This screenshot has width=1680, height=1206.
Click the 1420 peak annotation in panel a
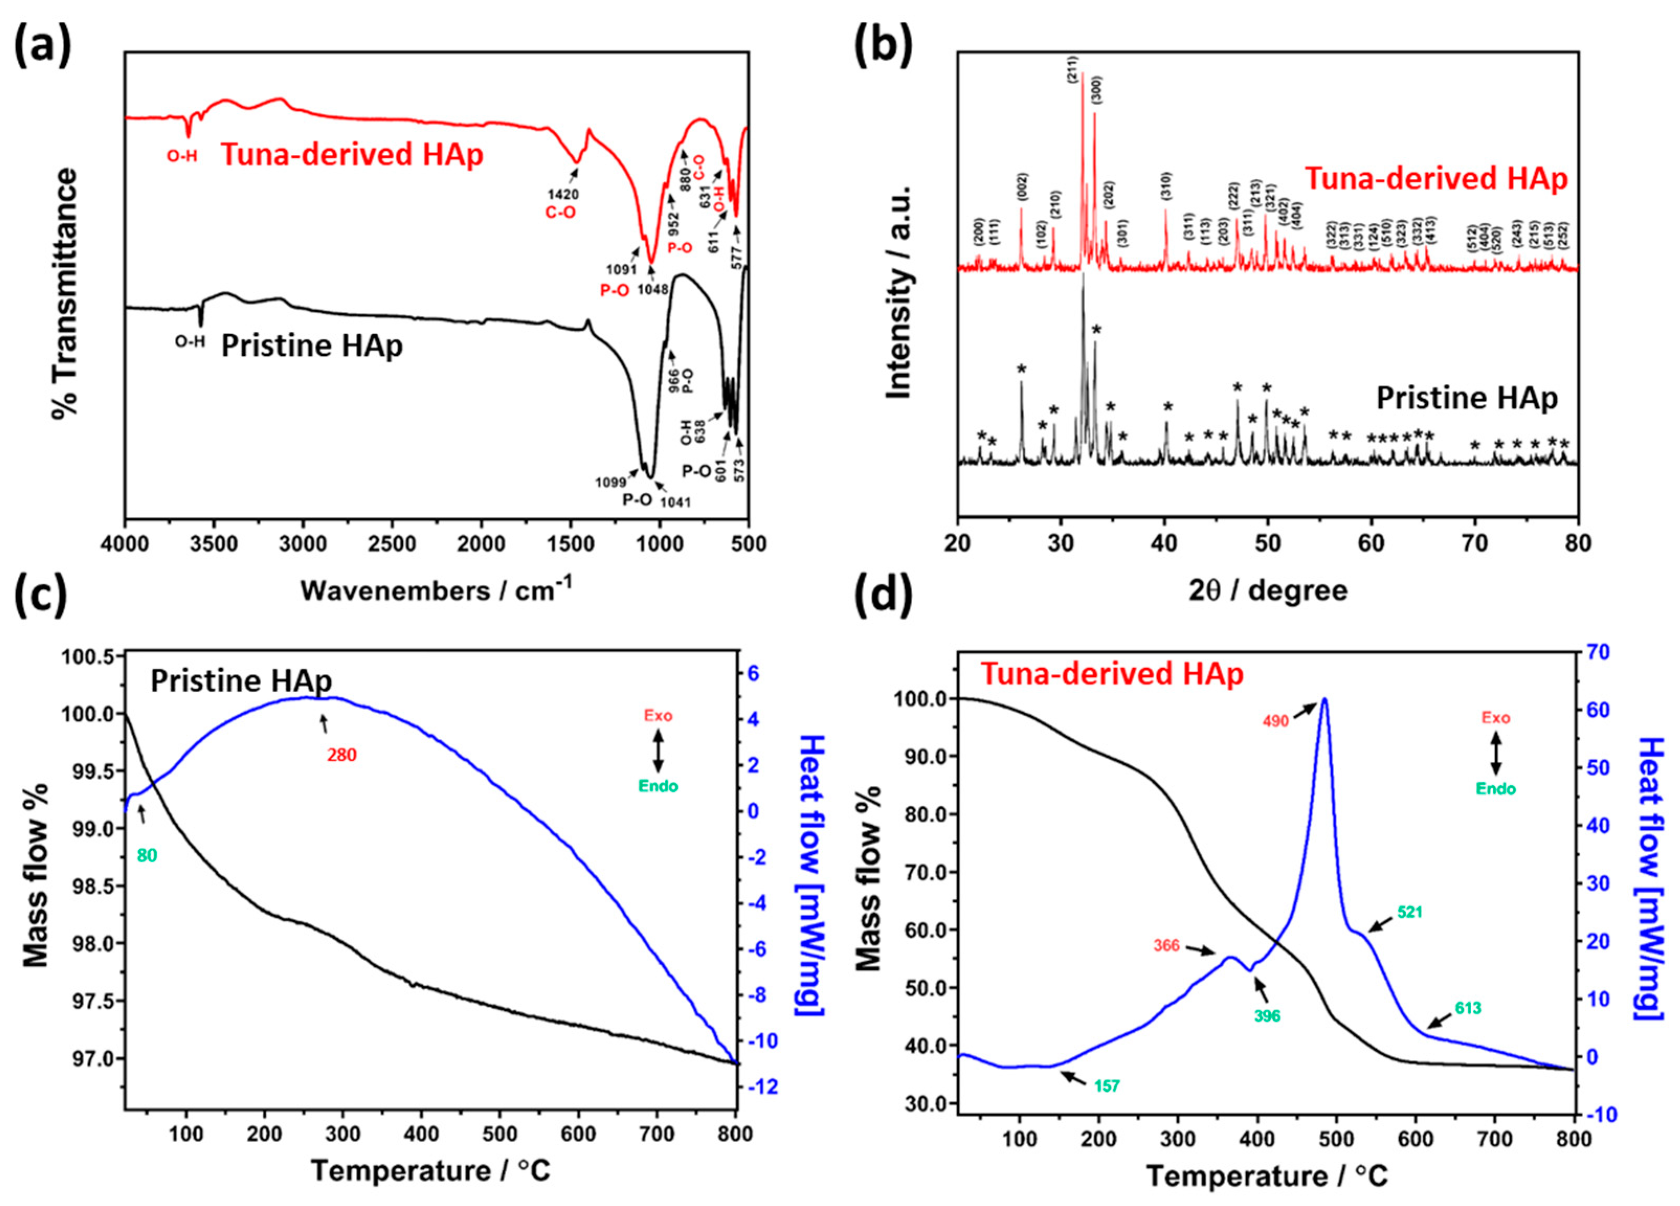563,194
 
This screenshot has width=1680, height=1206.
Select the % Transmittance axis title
65,293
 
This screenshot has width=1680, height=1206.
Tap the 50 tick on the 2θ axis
1268,543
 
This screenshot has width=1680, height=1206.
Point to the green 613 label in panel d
1468,1008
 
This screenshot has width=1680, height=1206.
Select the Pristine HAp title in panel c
241,680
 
